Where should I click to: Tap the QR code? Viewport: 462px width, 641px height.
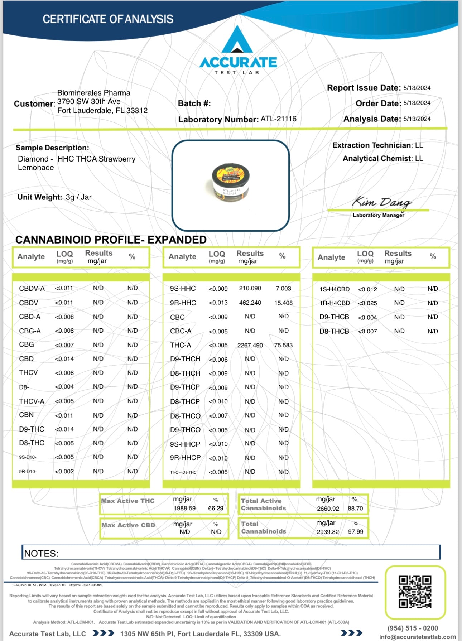point(415,592)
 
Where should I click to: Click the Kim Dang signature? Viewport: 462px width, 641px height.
point(381,202)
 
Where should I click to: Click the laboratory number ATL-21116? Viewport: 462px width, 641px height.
point(278,119)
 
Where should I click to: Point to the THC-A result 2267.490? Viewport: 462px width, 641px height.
point(250,345)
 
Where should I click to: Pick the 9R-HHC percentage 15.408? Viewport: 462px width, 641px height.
point(283,303)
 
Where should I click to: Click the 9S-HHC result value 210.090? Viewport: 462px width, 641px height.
point(250,288)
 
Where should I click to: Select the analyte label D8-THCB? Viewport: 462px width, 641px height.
point(334,331)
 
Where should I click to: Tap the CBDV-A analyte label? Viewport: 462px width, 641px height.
point(32,288)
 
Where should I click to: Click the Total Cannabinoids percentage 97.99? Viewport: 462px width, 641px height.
point(355,532)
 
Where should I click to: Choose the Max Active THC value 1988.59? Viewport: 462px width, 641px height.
point(184,508)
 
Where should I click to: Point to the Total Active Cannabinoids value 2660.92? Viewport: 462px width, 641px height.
point(328,509)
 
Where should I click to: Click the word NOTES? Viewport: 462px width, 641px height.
point(41,554)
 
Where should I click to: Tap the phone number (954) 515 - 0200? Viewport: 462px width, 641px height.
point(413,628)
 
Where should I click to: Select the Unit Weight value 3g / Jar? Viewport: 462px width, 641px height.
point(78,197)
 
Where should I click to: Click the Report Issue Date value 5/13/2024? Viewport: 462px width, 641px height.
point(417,88)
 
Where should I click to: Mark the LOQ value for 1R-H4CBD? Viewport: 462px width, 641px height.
point(367,303)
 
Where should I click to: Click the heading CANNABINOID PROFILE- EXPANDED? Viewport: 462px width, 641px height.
point(111,240)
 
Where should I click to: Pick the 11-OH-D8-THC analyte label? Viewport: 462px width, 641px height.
point(183,472)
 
